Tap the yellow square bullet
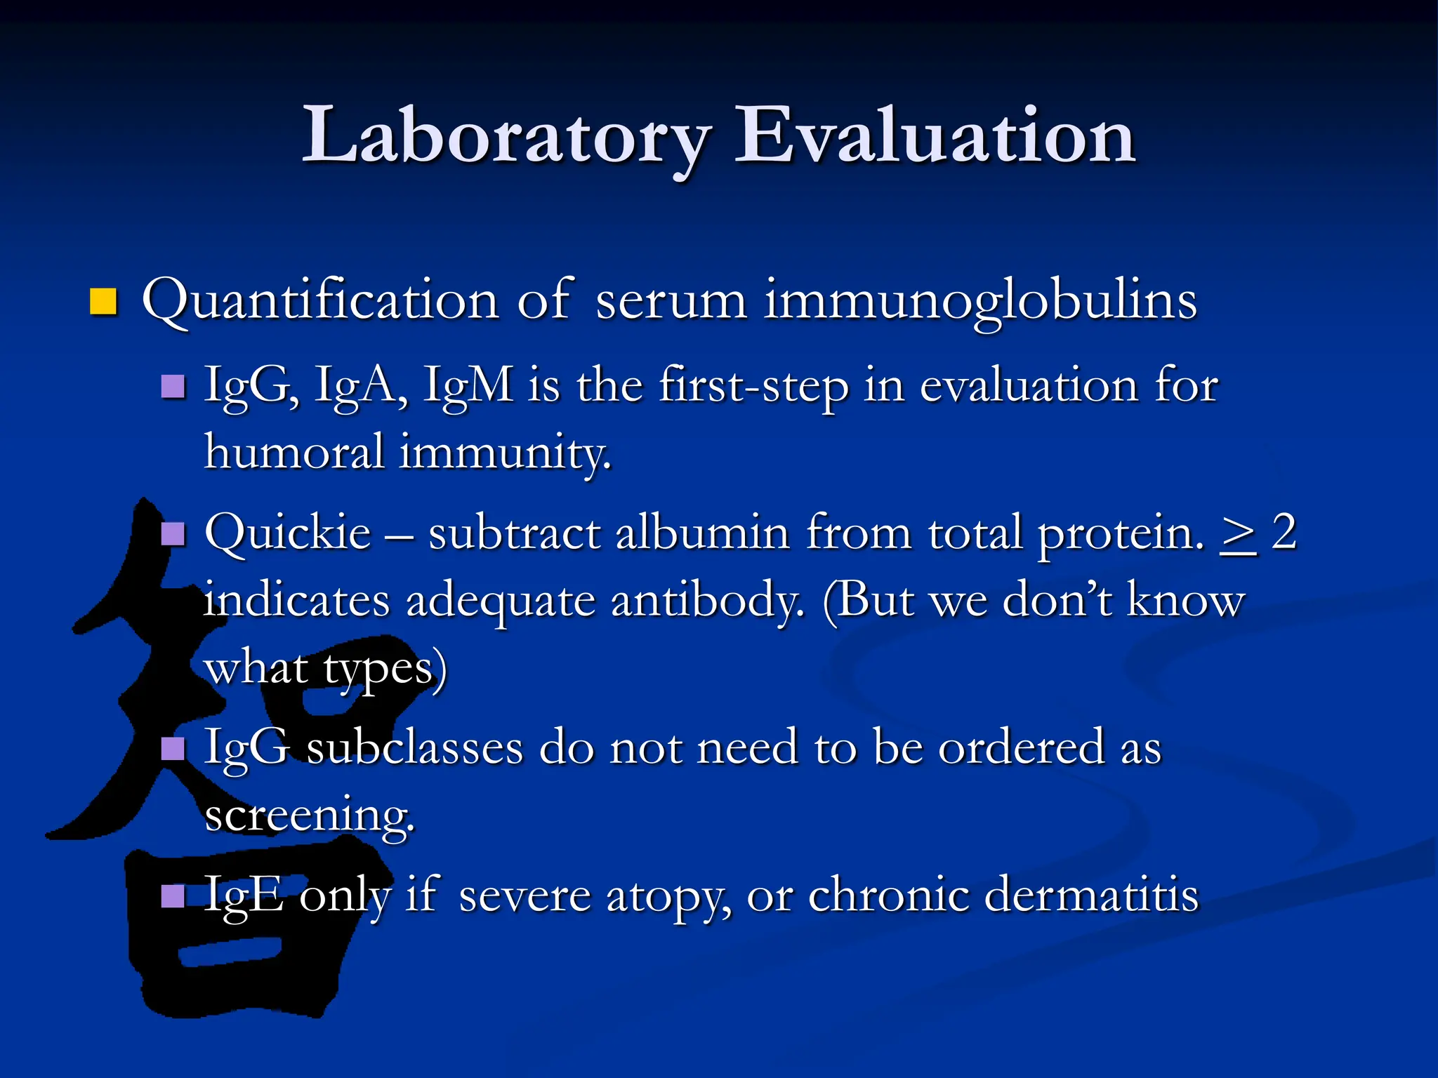click(x=103, y=301)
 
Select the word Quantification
click(x=320, y=301)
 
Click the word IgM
click(x=468, y=387)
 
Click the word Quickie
click(x=287, y=533)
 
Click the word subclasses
click(x=415, y=747)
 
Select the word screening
click(x=309, y=816)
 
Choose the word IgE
click(x=243, y=896)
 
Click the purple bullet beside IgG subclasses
click(x=173, y=749)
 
